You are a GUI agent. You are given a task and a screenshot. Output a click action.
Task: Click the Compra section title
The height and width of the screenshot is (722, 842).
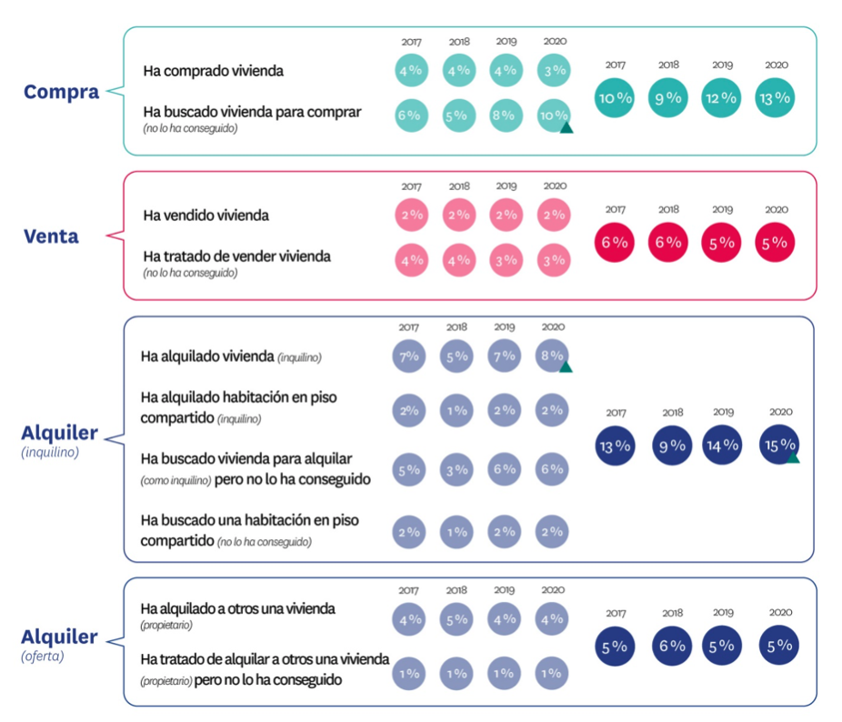pyautogui.click(x=61, y=92)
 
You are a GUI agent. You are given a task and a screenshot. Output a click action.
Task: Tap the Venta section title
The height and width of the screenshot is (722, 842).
pyautogui.click(x=51, y=236)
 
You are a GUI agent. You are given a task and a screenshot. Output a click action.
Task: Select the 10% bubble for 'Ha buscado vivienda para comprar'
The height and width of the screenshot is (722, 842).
pyautogui.click(x=554, y=115)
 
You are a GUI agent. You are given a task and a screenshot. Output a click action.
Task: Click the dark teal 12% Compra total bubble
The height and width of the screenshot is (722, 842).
pyautogui.click(x=721, y=98)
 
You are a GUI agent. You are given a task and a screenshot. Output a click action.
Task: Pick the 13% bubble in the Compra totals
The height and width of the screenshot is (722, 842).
pyautogui.click(x=775, y=98)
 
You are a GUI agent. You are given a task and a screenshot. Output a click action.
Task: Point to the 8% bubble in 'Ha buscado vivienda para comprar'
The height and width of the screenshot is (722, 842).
pyautogui.click(x=506, y=115)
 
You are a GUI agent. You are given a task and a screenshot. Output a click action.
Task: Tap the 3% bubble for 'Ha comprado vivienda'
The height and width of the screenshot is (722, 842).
pyautogui.click(x=554, y=70)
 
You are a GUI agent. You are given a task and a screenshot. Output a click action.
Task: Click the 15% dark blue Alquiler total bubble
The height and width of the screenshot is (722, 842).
pyautogui.click(x=779, y=445)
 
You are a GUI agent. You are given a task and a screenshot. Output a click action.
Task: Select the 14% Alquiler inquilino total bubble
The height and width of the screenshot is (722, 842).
pyautogui.click(x=722, y=445)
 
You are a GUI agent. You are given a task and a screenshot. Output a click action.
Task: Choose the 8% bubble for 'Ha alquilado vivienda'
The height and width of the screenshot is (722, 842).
pyautogui.click(x=552, y=356)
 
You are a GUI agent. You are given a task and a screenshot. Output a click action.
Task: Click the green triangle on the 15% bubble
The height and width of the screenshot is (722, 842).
pyautogui.click(x=793, y=457)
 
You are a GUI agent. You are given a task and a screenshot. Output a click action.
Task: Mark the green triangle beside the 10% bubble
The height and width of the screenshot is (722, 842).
pyautogui.click(x=566, y=128)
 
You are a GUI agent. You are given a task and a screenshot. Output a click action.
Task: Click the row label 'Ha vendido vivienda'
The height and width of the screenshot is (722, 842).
pyautogui.click(x=205, y=216)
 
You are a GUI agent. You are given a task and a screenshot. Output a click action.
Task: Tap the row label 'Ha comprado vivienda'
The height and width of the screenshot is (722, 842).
pyautogui.click(x=213, y=71)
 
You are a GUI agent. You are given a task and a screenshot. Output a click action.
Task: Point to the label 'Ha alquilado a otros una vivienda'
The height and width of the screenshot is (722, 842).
pyautogui.click(x=237, y=608)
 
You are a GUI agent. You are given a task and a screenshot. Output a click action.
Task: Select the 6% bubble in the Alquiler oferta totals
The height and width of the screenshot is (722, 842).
pyautogui.click(x=672, y=646)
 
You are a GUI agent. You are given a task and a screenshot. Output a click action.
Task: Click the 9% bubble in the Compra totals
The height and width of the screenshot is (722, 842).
pyautogui.click(x=668, y=98)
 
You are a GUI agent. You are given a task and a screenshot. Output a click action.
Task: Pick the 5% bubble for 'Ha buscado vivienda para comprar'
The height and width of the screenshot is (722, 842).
pyautogui.click(x=458, y=115)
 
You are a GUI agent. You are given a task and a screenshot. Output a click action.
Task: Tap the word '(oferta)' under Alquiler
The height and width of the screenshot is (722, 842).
pyautogui.click(x=43, y=657)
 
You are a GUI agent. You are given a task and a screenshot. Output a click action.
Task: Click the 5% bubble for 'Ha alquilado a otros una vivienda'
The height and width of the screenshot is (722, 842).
pyautogui.click(x=456, y=619)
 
